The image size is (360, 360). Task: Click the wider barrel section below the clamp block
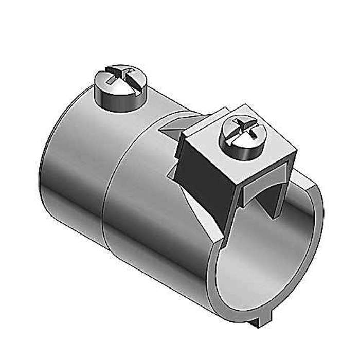click(154, 231)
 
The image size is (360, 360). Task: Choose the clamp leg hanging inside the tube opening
click(267, 206)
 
